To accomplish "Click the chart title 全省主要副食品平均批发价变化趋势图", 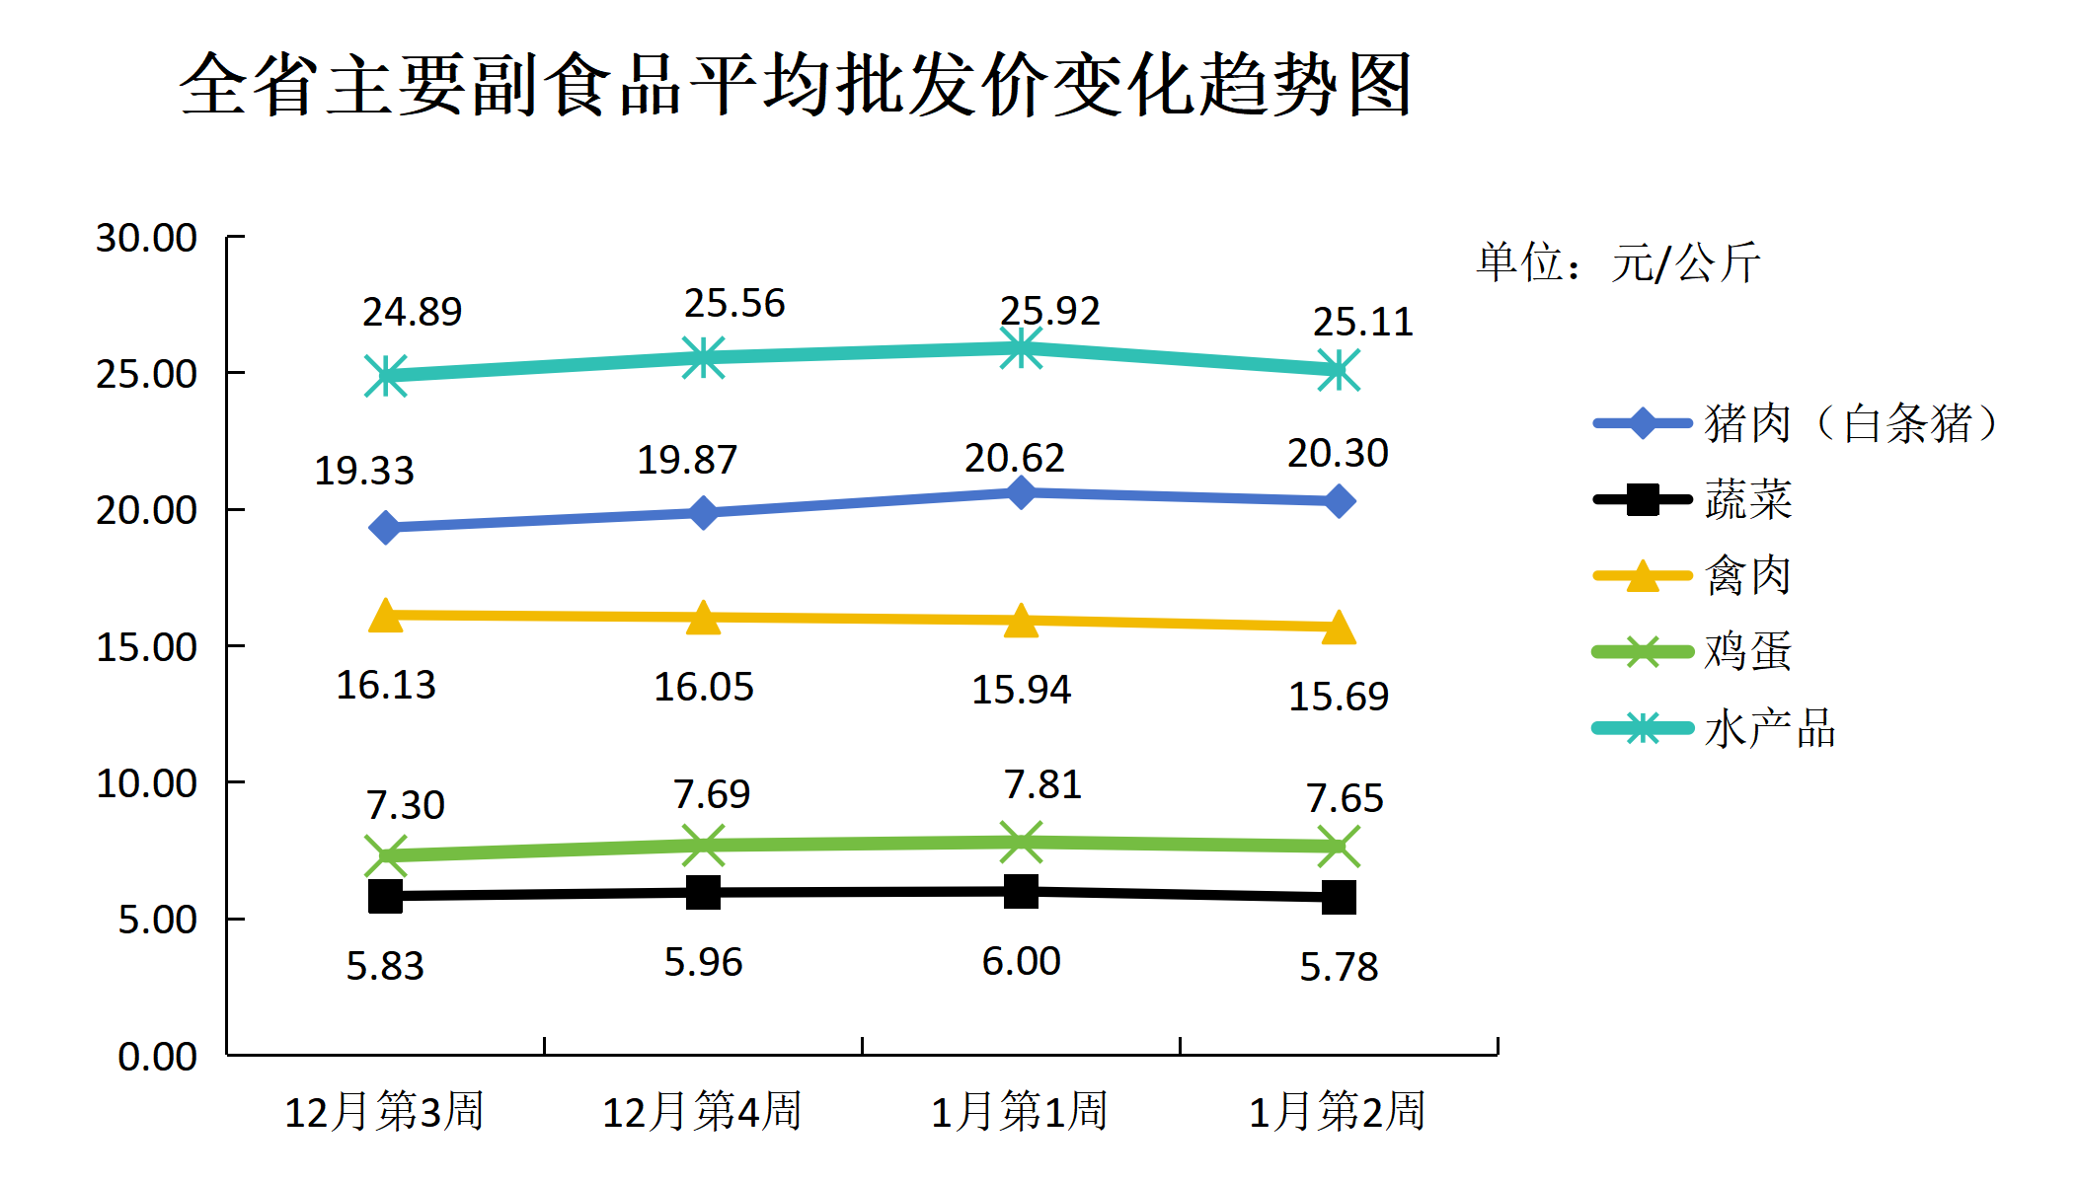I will (796, 85).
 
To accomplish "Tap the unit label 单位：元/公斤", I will (1618, 262).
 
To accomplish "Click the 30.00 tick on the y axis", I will (146, 238).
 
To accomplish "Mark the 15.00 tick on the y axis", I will (146, 647).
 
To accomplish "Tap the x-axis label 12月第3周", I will (384, 1111).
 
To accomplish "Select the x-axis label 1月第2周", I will (1338, 1111).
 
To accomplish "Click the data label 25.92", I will (1049, 311).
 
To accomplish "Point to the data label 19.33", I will (364, 471).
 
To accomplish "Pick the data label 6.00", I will (1021, 961).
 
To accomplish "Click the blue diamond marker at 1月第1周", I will (1021, 491).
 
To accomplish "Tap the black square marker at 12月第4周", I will (703, 892).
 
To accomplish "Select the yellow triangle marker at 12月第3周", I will (386, 617).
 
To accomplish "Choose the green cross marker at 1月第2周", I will (1339, 847).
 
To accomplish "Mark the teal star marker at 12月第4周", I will (703, 357).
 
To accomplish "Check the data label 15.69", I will (1339, 697).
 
